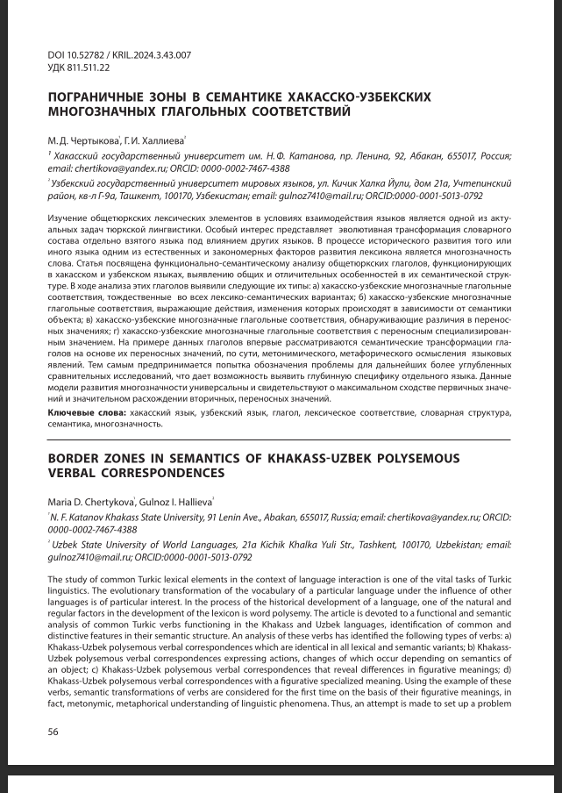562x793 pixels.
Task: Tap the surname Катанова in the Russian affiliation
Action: [x=275, y=155]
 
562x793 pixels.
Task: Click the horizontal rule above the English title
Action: [x=280, y=439]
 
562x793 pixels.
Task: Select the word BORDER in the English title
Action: [x=74, y=459]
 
